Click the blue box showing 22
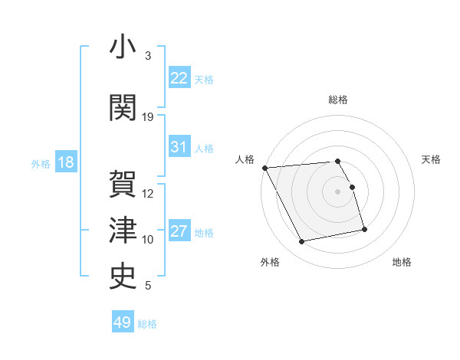pos(179,77)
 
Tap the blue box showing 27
pos(179,231)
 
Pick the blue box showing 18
pos(65,162)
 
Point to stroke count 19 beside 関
pos(148,117)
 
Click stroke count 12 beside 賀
pos(148,194)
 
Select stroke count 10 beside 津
pos(148,240)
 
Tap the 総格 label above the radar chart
pos(338,100)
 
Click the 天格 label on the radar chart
pos(432,159)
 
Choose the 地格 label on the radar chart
pos(402,263)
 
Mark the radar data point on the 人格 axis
pos(264,168)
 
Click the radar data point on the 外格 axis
pos(302,242)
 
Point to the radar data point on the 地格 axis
pos(364,229)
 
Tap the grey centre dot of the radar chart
pos(338,191)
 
